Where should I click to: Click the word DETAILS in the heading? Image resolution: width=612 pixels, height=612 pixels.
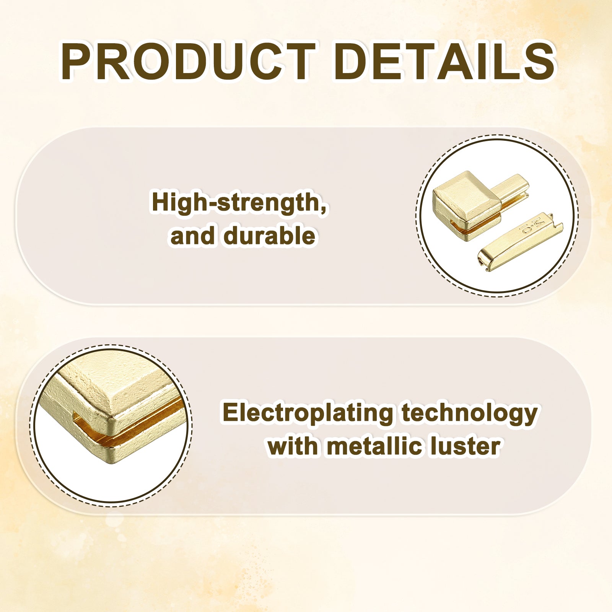(x=444, y=62)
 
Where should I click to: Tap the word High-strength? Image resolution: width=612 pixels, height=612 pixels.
(x=239, y=203)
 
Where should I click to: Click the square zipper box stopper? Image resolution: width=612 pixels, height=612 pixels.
(x=467, y=205)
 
